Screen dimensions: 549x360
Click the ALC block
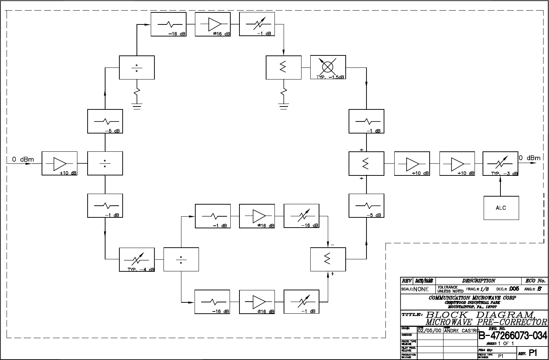pyautogui.click(x=501, y=208)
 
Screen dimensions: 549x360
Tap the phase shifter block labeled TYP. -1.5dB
pyautogui.click(x=328, y=67)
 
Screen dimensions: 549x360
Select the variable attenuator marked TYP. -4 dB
pyautogui.click(x=137, y=260)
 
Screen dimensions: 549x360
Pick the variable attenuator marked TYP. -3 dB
pyautogui.click(x=500, y=164)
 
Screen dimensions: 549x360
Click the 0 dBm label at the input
pyautogui.click(x=23, y=159)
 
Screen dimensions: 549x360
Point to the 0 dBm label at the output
pyautogui.click(x=529, y=158)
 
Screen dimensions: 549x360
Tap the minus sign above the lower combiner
pyautogui.click(x=332, y=244)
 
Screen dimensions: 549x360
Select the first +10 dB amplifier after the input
pyautogui.click(x=59, y=163)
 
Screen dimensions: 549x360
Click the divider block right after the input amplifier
pyautogui.click(x=105, y=163)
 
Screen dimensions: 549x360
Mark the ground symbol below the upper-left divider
pyautogui.click(x=137, y=107)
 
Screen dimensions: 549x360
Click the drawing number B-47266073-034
pyautogui.click(x=513, y=335)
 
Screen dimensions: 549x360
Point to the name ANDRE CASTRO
pyautogui.click(x=461, y=330)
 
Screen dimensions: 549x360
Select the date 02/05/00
pyautogui.click(x=430, y=330)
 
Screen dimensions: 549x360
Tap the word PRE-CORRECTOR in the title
pyautogui.click(x=511, y=322)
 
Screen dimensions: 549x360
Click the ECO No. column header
pyautogui.click(x=535, y=281)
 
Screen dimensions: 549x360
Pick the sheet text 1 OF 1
pyautogui.click(x=506, y=343)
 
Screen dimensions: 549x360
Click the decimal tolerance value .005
pyautogui.click(x=514, y=289)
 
